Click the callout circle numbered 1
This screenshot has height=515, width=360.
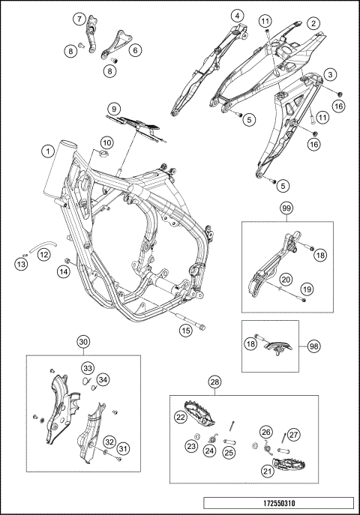tap(48, 151)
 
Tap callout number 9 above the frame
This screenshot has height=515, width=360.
tap(114, 109)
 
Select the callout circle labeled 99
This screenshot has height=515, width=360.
tap(286, 208)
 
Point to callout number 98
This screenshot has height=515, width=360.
tap(314, 346)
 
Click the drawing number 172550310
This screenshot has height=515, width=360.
tap(279, 503)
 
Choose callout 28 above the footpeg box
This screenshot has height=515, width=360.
tap(214, 382)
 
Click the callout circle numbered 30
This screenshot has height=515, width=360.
tap(83, 342)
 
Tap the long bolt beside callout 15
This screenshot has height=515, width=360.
tap(191, 322)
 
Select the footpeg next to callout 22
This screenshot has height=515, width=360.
tap(199, 411)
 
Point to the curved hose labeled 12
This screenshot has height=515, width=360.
tap(43, 246)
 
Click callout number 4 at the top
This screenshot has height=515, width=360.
tap(237, 16)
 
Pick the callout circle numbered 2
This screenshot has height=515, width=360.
tap(313, 23)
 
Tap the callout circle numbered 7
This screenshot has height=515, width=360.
tap(79, 19)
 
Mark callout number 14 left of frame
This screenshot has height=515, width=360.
tap(64, 271)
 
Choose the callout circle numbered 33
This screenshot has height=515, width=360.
tap(88, 368)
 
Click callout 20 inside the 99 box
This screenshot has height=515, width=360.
tap(286, 280)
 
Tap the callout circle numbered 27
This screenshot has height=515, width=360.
tap(293, 435)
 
